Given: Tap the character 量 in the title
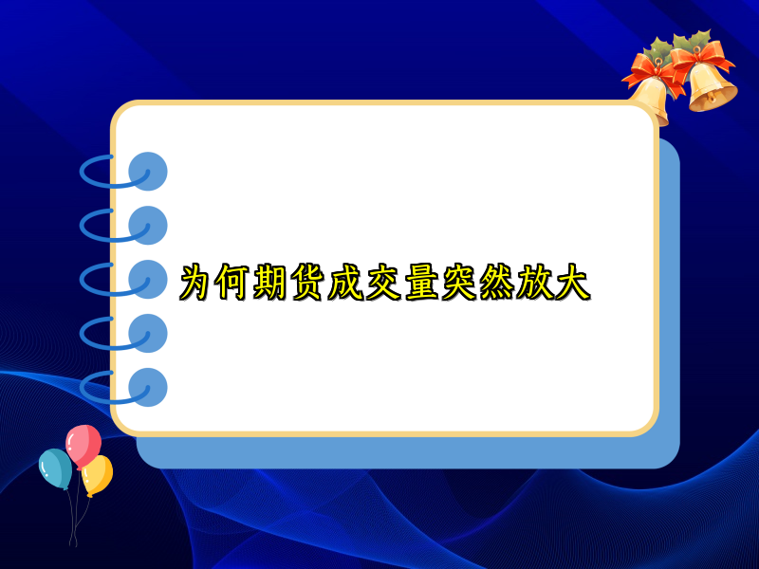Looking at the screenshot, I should pos(421,283).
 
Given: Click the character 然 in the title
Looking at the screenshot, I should pos(496,283).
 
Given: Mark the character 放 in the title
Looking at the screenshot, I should pos(534,283).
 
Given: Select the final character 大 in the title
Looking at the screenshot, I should pos(571,283).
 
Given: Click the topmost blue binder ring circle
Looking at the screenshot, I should pos(147,172).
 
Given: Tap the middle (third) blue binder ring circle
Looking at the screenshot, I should pos(147,279).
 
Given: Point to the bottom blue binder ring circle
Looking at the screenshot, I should pos(147,387).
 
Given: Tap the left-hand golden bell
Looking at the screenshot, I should pos(652,98).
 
